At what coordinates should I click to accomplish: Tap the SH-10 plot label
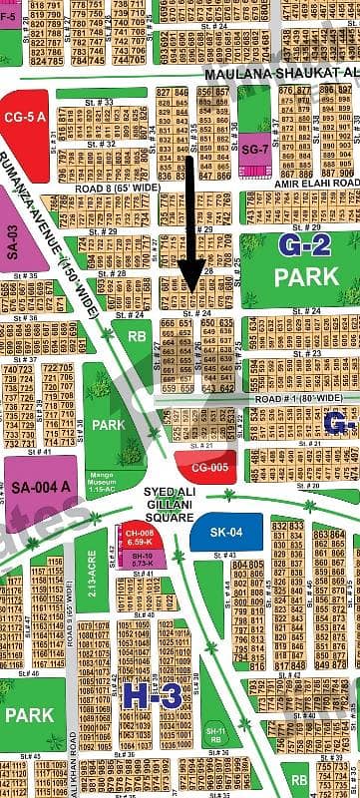point(141,560)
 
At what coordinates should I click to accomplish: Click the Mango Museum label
point(131,457)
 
